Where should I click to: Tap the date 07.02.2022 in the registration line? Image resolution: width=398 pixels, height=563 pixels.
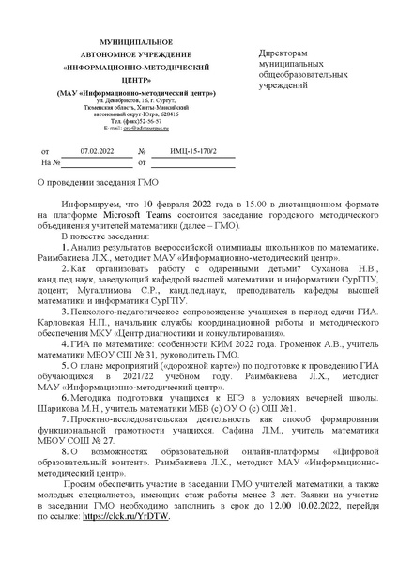coord(95,150)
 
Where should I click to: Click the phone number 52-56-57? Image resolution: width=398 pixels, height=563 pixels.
coord(139,121)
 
